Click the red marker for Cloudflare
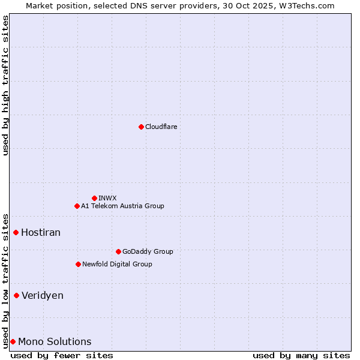[141, 127]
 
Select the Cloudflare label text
[161, 127]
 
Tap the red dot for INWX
[94, 198]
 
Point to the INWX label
[108, 198]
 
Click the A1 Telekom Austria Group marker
[77, 206]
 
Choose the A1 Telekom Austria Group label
[122, 206]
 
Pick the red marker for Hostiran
[16, 232]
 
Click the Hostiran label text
[41, 232]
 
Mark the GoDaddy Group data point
[118, 251]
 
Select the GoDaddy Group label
[148, 251]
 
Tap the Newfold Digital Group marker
[78, 264]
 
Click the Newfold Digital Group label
[117, 264]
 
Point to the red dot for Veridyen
[16, 295]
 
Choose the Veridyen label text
[43, 295]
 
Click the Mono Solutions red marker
[13, 341]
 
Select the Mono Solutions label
[55, 341]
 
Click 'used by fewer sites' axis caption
[62, 355]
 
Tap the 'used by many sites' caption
[301, 355]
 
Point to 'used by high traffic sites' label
[5, 85]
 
